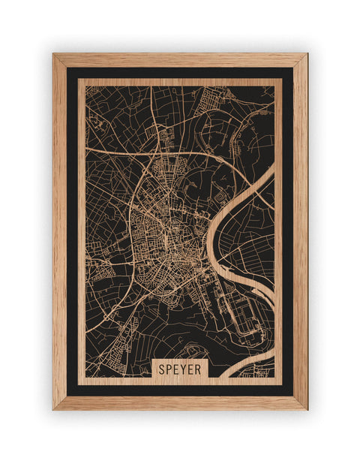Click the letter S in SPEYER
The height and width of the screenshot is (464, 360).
162,369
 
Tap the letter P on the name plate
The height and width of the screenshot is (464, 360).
170,369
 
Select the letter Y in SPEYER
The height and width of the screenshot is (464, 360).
187,369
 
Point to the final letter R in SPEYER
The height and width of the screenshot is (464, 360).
204,369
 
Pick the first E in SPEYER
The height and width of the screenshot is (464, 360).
178,369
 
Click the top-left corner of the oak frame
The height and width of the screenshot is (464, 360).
54,55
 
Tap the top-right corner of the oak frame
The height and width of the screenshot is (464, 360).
306,55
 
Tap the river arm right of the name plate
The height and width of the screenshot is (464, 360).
247,368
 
